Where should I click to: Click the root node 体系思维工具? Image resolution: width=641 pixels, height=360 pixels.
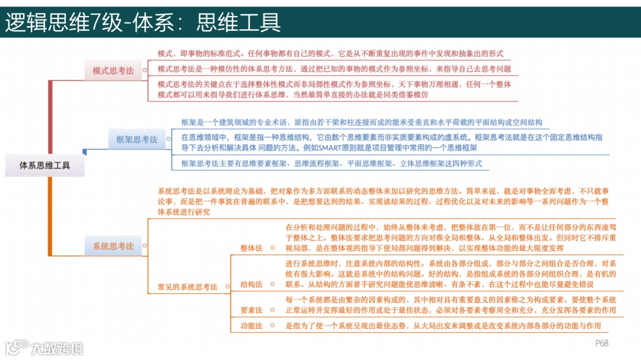pos(45,165)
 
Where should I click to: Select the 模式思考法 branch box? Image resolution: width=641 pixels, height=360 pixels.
pos(113,71)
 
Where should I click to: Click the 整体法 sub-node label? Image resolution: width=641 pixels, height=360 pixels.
pos(251,248)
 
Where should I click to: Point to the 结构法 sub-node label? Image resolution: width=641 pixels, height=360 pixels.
pos(251,285)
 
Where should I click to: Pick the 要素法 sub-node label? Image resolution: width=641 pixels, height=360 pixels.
pos(251,310)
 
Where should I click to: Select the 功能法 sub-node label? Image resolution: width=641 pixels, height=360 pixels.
pos(251,326)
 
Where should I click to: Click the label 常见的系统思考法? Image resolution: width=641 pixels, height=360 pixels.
pos(187,287)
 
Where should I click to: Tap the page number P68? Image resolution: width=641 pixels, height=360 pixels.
pos(602,343)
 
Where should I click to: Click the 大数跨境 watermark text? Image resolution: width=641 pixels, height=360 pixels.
pos(57,348)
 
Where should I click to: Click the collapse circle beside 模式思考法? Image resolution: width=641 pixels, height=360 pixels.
pos(144,71)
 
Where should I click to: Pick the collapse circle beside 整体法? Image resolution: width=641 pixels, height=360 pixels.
pos(272,248)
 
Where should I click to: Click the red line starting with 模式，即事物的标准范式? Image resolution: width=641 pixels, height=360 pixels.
pos(330,53)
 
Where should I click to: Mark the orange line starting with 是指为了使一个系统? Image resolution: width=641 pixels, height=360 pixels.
pos(443,326)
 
